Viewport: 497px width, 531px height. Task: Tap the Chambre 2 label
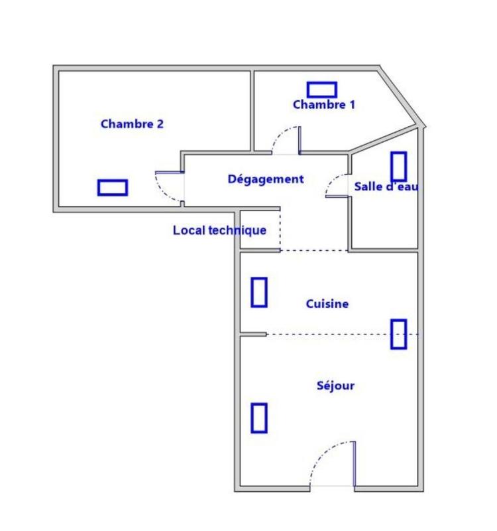pyautogui.click(x=132, y=123)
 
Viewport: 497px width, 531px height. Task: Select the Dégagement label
pyautogui.click(x=265, y=179)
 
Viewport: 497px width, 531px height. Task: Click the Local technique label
pyautogui.click(x=219, y=230)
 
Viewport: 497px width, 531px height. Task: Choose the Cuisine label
pyautogui.click(x=327, y=304)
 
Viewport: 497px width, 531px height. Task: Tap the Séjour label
pyautogui.click(x=336, y=385)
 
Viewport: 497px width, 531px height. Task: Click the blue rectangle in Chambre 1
pyautogui.click(x=322, y=90)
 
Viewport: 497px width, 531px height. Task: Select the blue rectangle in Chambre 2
pyautogui.click(x=112, y=187)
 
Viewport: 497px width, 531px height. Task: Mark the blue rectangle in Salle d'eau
pyautogui.click(x=398, y=167)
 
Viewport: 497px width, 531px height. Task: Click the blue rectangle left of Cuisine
pyautogui.click(x=259, y=292)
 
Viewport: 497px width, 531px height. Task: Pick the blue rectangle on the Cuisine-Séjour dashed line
pyautogui.click(x=398, y=334)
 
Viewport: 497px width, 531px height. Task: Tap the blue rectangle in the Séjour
pyautogui.click(x=259, y=417)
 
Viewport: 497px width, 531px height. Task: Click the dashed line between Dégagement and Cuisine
pyautogui.click(x=314, y=251)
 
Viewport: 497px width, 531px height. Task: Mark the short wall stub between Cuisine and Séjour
pyautogui.click(x=253, y=335)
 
